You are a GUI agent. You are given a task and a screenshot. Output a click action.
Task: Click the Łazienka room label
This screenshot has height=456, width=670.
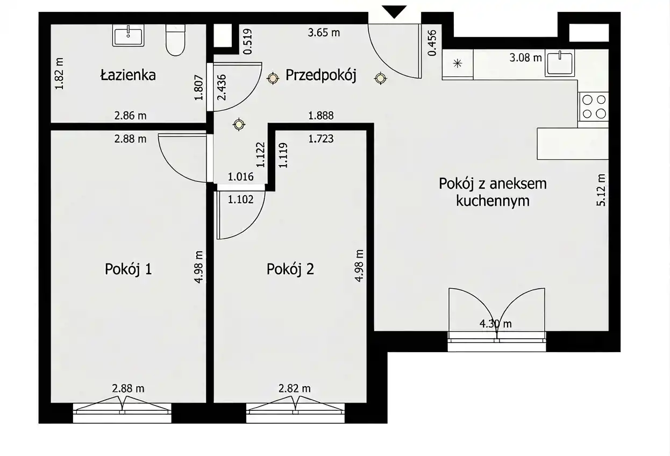pos(128,75)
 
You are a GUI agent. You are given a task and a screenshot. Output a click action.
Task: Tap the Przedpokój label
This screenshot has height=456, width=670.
pos(321,75)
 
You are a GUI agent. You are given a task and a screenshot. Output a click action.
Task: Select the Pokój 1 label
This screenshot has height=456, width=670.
pos(129,269)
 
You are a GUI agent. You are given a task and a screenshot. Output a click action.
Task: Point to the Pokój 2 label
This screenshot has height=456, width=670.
pos(290,269)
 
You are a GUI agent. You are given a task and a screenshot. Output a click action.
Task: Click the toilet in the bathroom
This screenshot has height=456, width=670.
pos(176,40)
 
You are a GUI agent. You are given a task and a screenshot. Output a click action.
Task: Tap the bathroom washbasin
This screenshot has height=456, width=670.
pos(129,35)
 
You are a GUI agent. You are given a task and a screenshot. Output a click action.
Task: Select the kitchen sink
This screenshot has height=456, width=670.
pos(560,63)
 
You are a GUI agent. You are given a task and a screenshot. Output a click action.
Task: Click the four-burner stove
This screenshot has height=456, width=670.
pos(594,106)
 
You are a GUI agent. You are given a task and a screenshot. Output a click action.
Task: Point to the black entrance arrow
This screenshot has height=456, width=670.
pos(394,12)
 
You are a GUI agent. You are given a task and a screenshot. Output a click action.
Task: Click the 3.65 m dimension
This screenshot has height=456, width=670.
pos(324,33)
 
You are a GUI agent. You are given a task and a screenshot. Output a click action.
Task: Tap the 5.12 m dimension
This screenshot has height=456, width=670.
pos(601,190)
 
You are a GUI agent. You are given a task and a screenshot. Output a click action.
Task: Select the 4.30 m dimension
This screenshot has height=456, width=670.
pos(496,324)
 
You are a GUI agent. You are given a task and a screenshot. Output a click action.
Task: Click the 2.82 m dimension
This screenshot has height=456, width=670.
pos(295,389)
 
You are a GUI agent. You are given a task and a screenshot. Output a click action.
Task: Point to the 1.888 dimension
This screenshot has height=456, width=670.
pos(321,116)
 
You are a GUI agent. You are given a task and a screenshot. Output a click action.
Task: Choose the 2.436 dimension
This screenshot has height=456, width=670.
pos(222,87)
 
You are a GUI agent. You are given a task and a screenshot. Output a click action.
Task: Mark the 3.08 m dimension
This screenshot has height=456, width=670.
pos(525,58)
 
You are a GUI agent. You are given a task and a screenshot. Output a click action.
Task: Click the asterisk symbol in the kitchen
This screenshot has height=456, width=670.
pos(458,63)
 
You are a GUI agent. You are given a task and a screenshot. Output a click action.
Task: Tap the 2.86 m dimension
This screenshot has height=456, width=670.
pos(131,116)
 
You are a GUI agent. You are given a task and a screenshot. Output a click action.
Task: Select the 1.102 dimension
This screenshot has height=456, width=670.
pos(241,199)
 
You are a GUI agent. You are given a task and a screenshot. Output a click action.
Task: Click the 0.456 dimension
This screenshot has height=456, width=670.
pos(432,43)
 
